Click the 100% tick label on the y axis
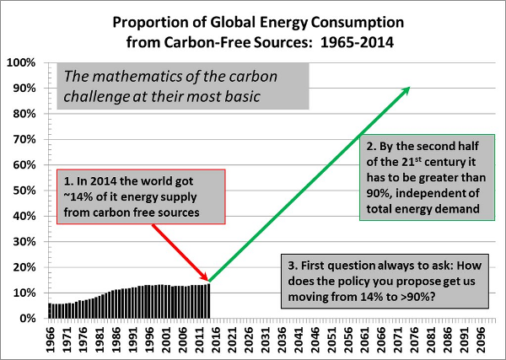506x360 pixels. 22,63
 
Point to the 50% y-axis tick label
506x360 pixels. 24,191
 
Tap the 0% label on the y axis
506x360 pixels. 28,319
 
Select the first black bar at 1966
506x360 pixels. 51,311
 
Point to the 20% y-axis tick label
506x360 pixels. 24,267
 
